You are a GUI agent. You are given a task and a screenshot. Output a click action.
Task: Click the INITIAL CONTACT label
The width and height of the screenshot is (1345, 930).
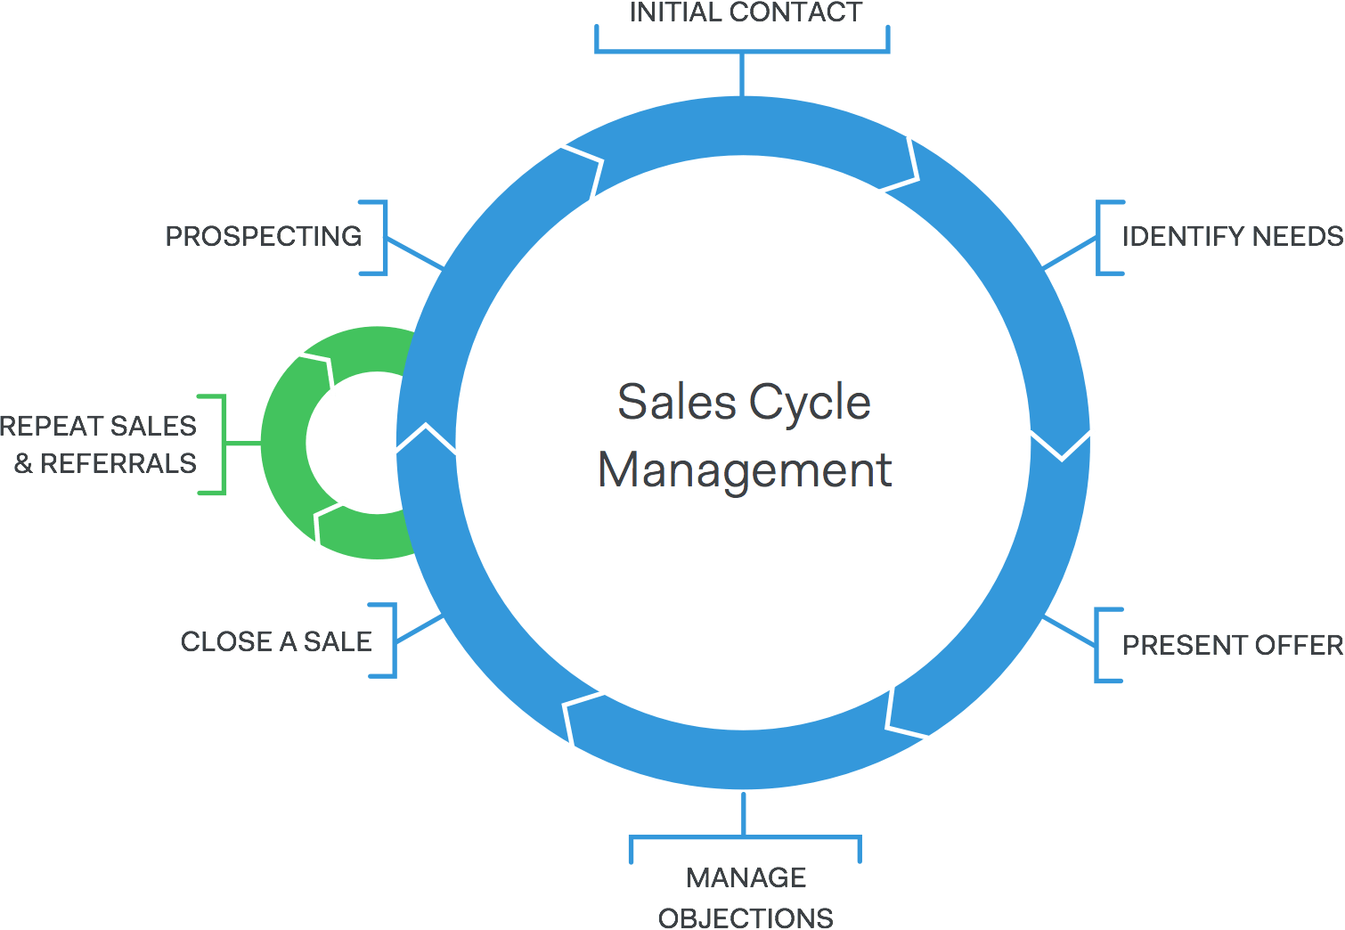pos(745,12)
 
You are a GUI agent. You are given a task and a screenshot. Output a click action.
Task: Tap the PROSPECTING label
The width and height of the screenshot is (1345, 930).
pos(264,236)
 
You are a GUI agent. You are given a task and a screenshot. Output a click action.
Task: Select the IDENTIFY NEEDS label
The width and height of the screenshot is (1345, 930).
pos(1232,236)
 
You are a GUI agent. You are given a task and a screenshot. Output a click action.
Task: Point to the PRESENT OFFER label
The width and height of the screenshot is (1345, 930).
pos(1232,645)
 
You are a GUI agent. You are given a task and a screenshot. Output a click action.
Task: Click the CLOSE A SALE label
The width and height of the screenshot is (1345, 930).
pos(276,641)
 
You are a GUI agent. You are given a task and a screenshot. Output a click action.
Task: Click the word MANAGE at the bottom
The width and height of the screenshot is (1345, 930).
pos(746,877)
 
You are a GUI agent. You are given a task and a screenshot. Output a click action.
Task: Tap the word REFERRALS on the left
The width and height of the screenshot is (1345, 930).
pos(118,463)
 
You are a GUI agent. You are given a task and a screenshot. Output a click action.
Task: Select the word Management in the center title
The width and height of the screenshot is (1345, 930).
pos(745,470)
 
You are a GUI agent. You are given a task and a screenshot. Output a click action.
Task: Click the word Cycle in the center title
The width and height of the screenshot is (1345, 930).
pos(809,402)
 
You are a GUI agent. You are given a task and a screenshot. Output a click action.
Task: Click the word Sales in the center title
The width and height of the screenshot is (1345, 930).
pos(677,402)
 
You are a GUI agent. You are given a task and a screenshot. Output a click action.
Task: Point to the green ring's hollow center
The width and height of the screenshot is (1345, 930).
pos(352,443)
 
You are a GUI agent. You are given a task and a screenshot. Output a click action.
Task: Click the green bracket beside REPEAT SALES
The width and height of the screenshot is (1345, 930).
pos(223,443)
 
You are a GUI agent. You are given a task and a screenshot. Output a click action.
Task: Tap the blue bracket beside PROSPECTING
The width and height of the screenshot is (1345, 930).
pos(384,237)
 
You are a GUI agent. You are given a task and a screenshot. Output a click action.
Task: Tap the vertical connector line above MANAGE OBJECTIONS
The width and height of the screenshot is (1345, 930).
pos(743,812)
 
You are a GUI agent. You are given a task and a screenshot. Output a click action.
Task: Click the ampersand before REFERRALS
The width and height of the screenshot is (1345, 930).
pos(23,463)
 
